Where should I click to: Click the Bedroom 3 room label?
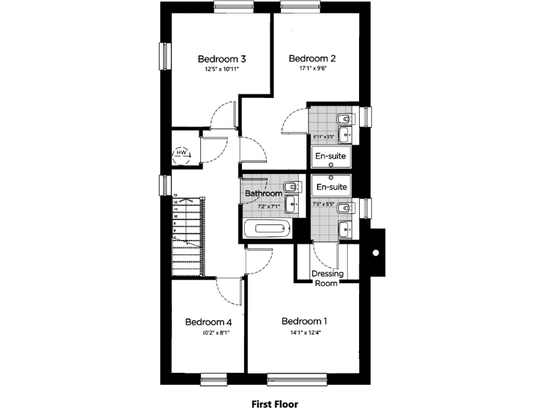(221, 58)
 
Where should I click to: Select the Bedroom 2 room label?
(312, 58)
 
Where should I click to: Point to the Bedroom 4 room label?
(209, 322)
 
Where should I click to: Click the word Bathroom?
(264, 193)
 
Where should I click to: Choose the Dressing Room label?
(327, 278)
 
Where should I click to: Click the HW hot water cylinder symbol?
(182, 153)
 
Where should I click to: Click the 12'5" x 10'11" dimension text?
(221, 70)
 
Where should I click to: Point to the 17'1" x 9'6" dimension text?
(312, 70)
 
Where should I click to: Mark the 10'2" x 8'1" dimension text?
(209, 332)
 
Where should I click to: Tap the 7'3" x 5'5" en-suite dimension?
(323, 204)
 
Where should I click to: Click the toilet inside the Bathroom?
(291, 187)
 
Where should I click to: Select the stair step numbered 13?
(176, 194)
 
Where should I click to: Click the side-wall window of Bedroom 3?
(165, 57)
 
